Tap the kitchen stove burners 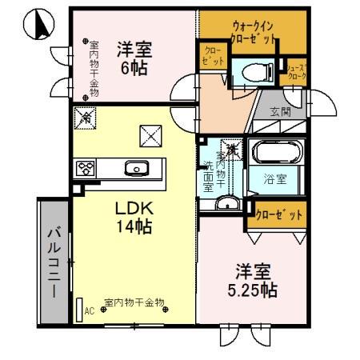[85, 168]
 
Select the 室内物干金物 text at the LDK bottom [134, 303]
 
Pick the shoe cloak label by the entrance [297, 73]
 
